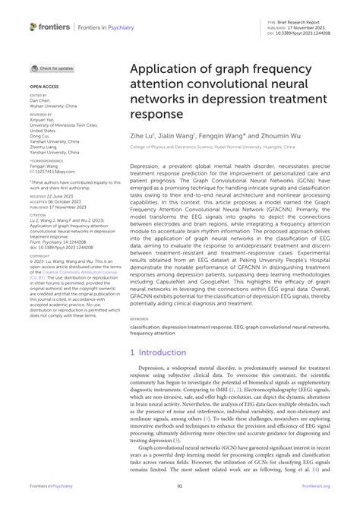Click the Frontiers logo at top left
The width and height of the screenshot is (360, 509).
[49, 27]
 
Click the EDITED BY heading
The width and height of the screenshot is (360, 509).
[38, 96]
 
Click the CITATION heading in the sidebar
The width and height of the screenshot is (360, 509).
[38, 215]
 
